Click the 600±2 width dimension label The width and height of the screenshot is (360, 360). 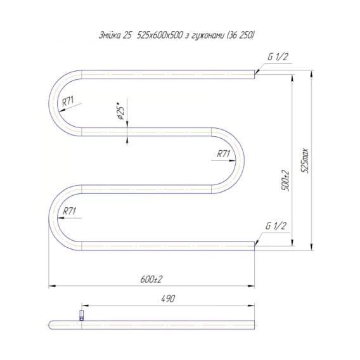[151, 280]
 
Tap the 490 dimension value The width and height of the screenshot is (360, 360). [168, 299]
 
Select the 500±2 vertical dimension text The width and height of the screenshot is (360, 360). [286, 181]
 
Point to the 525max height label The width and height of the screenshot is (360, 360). [305, 160]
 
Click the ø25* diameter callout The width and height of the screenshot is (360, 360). [120, 111]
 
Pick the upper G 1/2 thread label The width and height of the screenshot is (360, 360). [278, 56]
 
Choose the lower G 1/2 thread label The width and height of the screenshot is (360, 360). [276, 226]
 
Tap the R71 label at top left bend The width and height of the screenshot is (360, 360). [68, 101]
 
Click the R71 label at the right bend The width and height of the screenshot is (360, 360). [223, 154]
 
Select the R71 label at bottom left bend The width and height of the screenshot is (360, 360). [69, 211]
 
